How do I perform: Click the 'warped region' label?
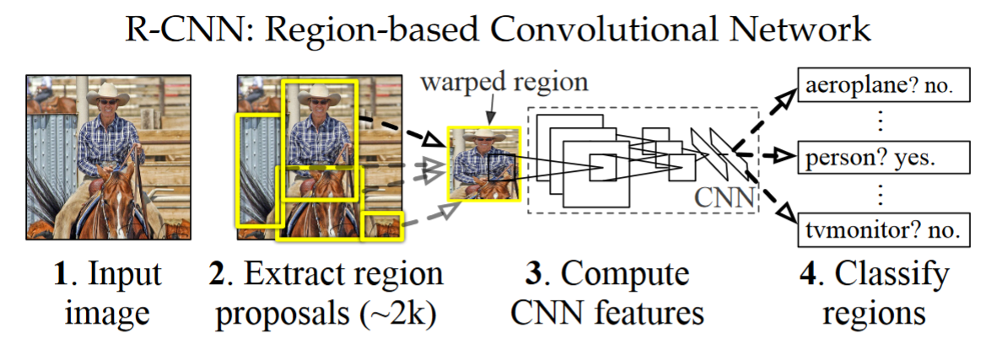pyautogui.click(x=504, y=83)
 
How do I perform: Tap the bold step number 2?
pyautogui.click(x=224, y=275)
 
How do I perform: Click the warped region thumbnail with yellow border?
pyautogui.click(x=482, y=165)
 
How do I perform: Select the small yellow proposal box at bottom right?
pyautogui.click(x=382, y=227)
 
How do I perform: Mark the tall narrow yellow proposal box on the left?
pyautogui.click(x=256, y=171)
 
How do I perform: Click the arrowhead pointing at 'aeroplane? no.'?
pyautogui.click(x=784, y=95)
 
